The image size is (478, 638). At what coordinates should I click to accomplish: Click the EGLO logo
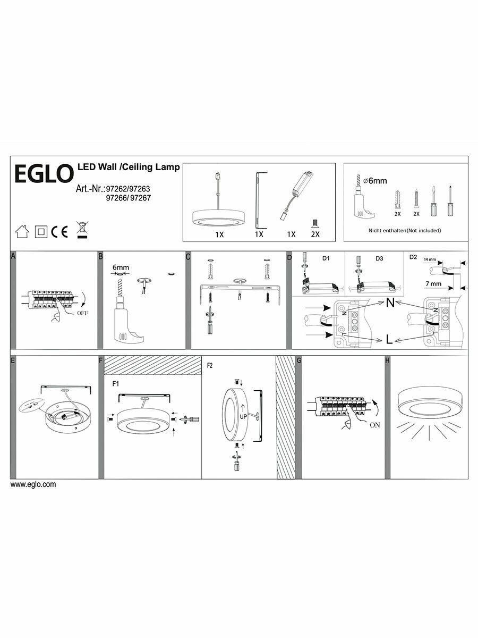[x=42, y=174]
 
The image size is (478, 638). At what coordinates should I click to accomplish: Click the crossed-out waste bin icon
[x=81, y=229]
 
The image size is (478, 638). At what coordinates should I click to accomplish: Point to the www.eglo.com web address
[x=33, y=484]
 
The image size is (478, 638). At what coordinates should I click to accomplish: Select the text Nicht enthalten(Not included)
[x=405, y=230]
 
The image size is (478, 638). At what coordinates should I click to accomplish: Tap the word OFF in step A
[x=82, y=314]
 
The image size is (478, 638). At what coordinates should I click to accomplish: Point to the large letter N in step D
[x=390, y=304]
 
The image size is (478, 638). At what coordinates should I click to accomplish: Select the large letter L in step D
[x=389, y=340]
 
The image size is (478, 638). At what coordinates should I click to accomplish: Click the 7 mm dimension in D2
[x=433, y=284]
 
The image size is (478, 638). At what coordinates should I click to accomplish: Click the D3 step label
[x=379, y=258]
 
